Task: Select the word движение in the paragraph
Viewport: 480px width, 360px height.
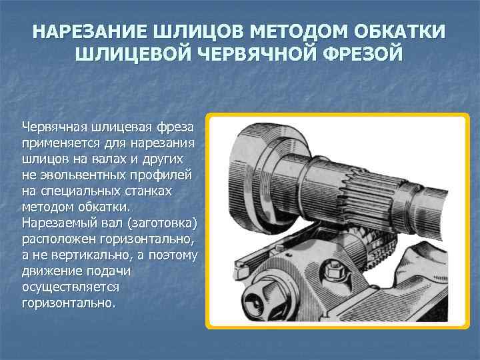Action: (50, 271)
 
